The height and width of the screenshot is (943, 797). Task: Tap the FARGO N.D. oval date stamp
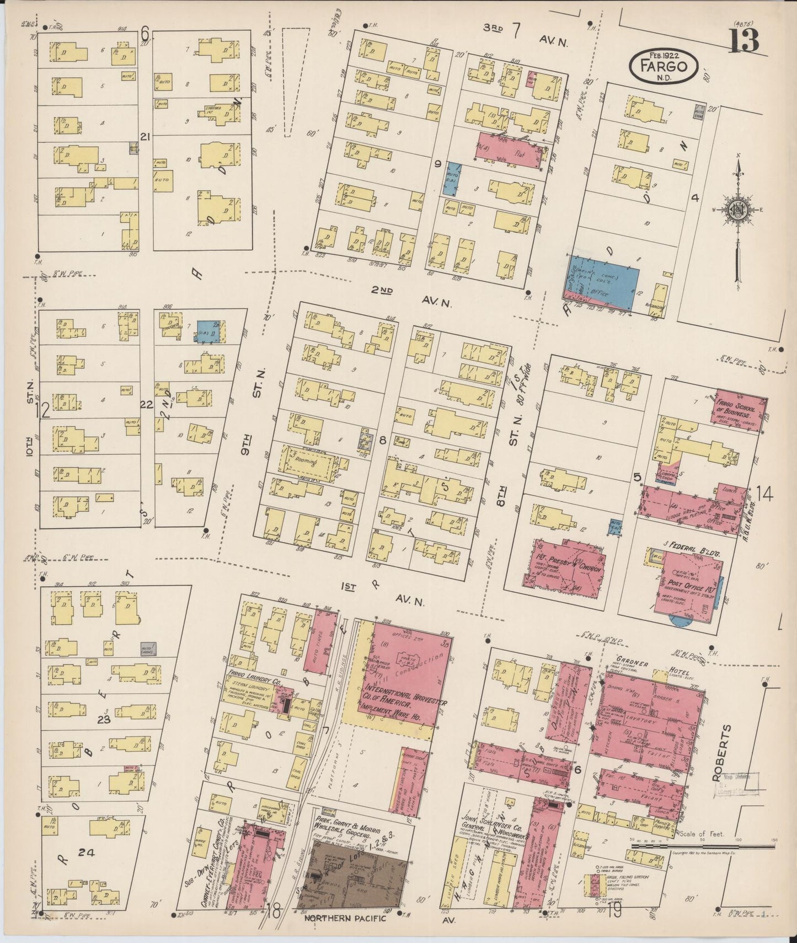[x=664, y=66]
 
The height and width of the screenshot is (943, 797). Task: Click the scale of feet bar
[x=700, y=845]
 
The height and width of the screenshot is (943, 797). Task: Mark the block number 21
[x=146, y=136]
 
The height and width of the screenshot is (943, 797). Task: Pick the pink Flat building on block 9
[x=507, y=149]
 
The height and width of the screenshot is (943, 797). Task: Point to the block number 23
[x=104, y=719]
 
